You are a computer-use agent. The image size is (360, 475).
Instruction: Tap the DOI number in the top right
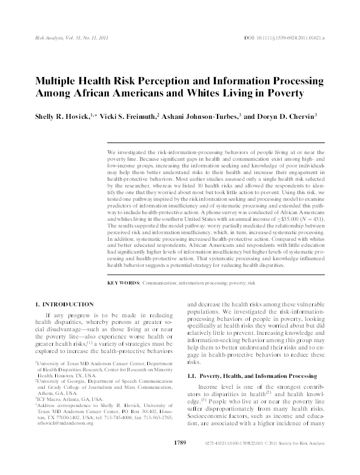point(289,38)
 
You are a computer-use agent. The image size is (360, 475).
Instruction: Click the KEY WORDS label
point(123,283)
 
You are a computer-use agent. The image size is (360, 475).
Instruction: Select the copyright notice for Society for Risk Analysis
point(295,460)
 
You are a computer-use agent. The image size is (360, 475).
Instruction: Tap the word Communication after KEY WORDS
point(159,283)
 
